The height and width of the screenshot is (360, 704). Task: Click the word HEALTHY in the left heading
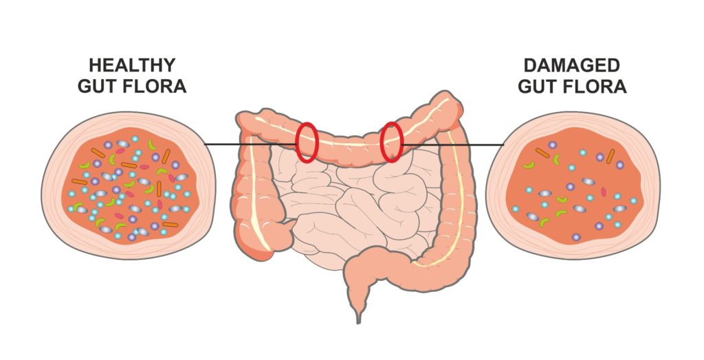tap(132, 65)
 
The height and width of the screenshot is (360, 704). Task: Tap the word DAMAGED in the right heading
tap(571, 65)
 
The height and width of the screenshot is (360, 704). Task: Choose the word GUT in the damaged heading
tap(536, 86)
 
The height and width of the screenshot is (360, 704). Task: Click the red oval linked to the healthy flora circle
tap(307, 142)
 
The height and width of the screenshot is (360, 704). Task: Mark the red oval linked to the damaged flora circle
tap(391, 142)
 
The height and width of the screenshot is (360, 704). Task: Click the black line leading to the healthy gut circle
tap(251, 144)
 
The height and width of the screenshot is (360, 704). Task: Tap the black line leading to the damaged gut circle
tap(453, 145)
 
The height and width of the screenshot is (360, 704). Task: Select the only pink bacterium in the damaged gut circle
tap(604, 192)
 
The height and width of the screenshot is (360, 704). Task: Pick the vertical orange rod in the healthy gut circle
tap(159, 188)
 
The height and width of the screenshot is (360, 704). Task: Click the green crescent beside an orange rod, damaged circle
tap(557, 159)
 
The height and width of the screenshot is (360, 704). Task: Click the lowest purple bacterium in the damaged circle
tap(576, 236)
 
